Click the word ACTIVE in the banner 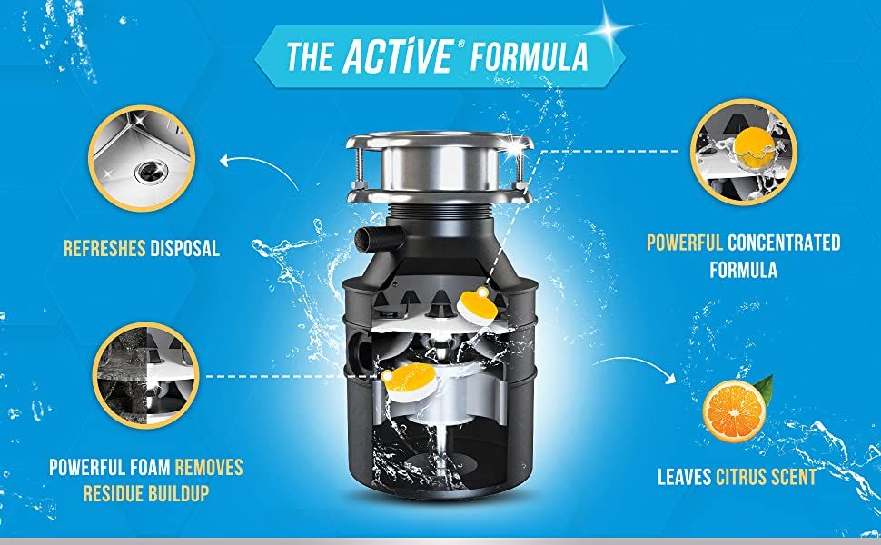[x=397, y=55]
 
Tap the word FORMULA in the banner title [x=530, y=56]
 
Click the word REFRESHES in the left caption [x=104, y=248]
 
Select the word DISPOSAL [x=185, y=248]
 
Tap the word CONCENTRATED [x=784, y=243]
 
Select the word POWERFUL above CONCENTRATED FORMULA [x=684, y=243]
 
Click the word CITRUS [x=740, y=477]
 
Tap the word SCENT [x=793, y=477]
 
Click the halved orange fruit [x=735, y=411]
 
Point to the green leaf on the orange [x=764, y=386]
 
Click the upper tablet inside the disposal [x=476, y=305]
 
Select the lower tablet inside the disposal [x=409, y=382]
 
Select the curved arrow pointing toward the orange [x=635, y=366]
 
